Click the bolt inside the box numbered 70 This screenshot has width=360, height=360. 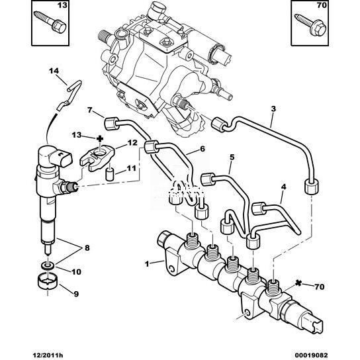pyautogui.click(x=310, y=24)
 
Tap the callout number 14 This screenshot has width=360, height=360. pyautogui.click(x=54, y=71)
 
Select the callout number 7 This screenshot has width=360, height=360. pyautogui.click(x=90, y=110)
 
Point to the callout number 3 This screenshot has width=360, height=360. pyautogui.click(x=273, y=109)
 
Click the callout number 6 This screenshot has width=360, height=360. pyautogui.click(x=202, y=149)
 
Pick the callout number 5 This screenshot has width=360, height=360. pyautogui.click(x=232, y=157)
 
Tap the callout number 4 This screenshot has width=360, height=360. pyautogui.click(x=284, y=187)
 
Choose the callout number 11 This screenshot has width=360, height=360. pyautogui.click(x=132, y=168)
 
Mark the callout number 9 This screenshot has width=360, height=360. pyautogui.click(x=76, y=294)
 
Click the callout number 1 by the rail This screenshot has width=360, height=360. pyautogui.click(x=147, y=264)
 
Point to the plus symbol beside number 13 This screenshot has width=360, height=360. pyautogui.click(x=100, y=138)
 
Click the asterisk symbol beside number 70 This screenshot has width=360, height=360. pyautogui.click(x=298, y=283)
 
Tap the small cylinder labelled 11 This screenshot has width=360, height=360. pyautogui.click(x=110, y=175)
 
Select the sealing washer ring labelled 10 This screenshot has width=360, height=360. pyautogui.click(x=48, y=265)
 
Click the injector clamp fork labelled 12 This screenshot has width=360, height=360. pyautogui.click(x=97, y=158)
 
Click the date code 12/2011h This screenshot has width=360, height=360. pyautogui.click(x=47, y=355)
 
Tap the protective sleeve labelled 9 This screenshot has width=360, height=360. pyautogui.click(x=47, y=281)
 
